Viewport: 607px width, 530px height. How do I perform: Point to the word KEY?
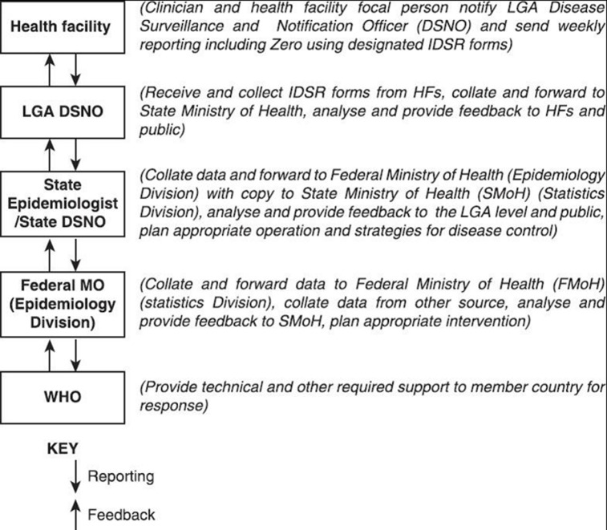(x=63, y=449)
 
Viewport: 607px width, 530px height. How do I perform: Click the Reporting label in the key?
(x=120, y=476)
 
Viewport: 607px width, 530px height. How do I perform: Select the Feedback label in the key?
(x=120, y=514)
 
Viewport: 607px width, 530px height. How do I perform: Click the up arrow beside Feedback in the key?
(x=75, y=513)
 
